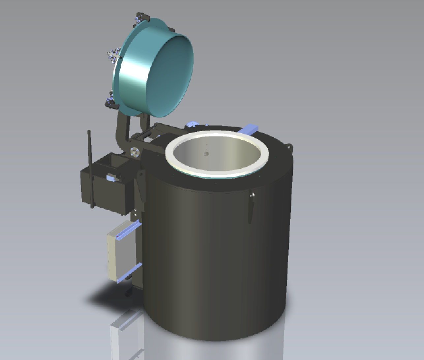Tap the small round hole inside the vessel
206,154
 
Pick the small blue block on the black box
111,178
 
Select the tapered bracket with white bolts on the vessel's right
251,208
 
